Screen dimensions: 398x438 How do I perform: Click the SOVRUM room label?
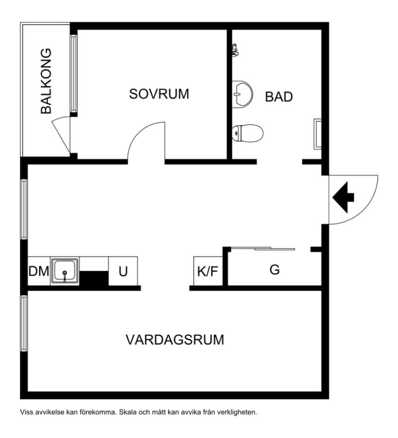pos(159,94)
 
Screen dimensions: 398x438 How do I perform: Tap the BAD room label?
pos(278,97)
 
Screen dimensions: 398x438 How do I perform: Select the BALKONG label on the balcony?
pos(46,81)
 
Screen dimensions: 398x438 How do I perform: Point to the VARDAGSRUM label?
pos(175,340)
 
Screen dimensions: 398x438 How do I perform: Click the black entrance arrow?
pos(343,197)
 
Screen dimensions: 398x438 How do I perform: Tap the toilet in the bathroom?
pos(247,133)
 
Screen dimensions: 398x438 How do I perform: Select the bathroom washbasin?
pos(242,94)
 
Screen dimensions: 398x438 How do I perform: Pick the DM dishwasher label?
pos(39,271)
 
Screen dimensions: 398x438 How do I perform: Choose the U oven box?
pos(123,271)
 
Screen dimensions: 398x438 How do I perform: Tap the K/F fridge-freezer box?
pos(208,271)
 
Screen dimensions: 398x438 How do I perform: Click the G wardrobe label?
pos(275,270)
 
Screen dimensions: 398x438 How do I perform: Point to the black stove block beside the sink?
pos(94,278)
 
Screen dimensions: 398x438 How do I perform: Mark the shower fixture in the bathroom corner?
pos(235,50)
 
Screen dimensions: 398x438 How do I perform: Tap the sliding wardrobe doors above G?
pos(263,248)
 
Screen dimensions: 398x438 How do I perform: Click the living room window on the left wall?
pos(24,323)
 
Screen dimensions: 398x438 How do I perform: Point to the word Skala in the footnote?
pos(127,412)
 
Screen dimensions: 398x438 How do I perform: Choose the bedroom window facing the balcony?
pos(73,73)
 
